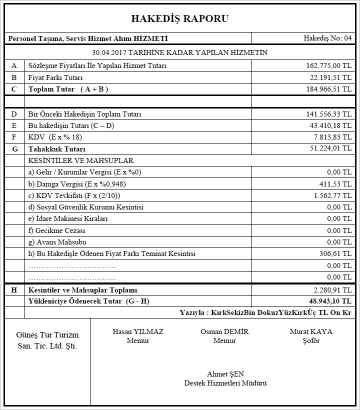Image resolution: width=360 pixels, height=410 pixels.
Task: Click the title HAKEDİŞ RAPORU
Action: (x=180, y=19)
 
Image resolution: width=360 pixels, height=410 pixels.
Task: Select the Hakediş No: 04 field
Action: (x=327, y=38)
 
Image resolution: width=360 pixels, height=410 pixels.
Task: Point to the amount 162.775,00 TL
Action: (x=328, y=65)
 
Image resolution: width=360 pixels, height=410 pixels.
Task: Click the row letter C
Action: (x=14, y=89)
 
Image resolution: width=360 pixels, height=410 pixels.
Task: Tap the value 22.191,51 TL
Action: (x=330, y=77)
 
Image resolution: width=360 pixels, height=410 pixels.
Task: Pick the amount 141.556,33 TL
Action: (x=328, y=114)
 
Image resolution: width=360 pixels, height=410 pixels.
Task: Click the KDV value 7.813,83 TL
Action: (x=332, y=137)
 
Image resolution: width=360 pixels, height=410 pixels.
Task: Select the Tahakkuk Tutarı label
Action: (x=57, y=149)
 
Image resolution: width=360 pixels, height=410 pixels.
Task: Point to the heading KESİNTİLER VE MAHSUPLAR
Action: (x=81, y=160)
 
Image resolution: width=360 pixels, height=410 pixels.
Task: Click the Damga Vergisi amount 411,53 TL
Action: (x=335, y=184)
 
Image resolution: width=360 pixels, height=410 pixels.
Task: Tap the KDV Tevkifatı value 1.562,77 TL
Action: (x=332, y=195)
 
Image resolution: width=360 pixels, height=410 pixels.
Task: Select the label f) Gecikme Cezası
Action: (x=57, y=230)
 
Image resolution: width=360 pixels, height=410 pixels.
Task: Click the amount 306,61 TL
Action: (x=335, y=253)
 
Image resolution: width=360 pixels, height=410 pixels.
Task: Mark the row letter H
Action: (x=14, y=290)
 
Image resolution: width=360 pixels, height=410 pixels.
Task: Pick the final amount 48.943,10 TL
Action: (x=330, y=301)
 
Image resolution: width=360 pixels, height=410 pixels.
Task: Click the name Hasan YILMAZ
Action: (x=138, y=331)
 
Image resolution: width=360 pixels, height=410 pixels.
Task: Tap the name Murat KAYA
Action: (x=311, y=331)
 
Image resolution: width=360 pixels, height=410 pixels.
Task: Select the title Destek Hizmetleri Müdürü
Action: (x=225, y=383)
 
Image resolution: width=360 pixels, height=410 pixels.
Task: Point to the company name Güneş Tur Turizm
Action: (x=47, y=335)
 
